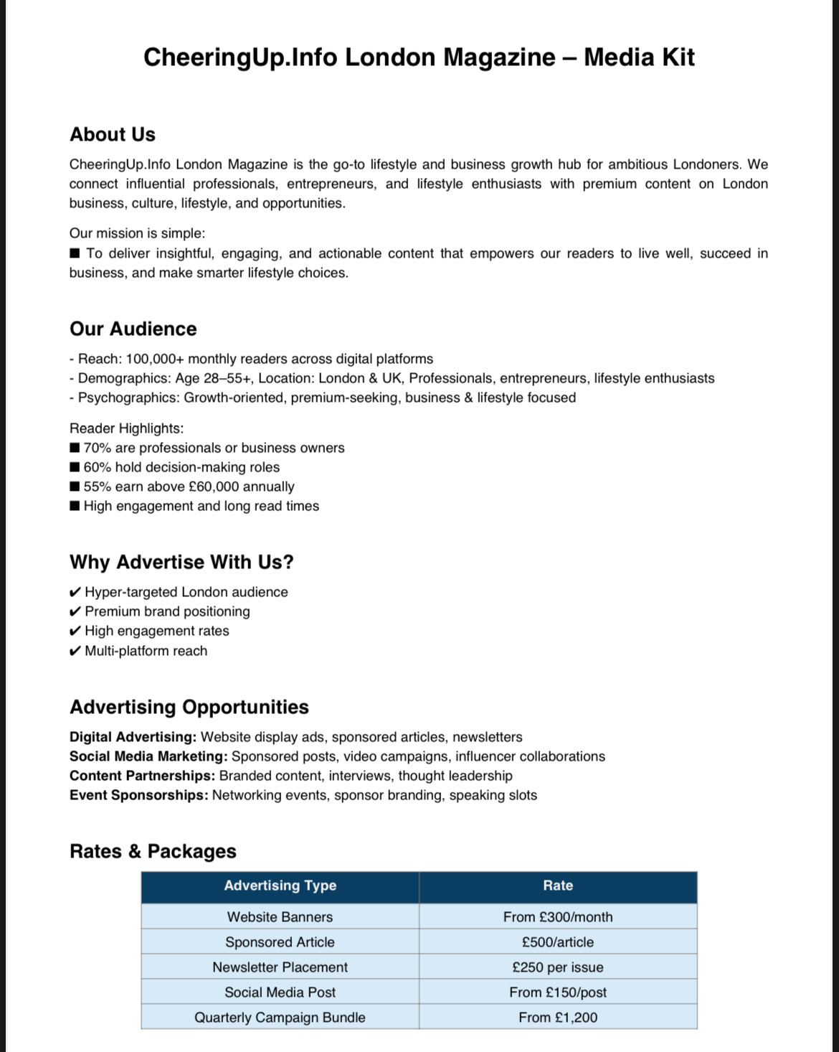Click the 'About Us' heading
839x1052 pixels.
click(113, 134)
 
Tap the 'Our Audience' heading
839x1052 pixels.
click(133, 329)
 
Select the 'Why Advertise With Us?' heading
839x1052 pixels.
click(181, 562)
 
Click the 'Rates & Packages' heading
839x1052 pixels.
click(153, 851)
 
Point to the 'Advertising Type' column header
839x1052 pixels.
click(280, 886)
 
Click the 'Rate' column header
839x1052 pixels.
click(558, 886)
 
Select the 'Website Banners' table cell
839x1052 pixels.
click(280, 917)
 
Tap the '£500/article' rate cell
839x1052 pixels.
click(558, 942)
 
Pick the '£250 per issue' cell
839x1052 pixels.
click(558, 967)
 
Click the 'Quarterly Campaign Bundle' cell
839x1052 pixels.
click(280, 1018)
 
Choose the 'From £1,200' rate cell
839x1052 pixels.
click(558, 1018)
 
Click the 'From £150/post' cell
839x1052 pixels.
click(558, 992)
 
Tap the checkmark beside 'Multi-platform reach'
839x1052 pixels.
click(75, 651)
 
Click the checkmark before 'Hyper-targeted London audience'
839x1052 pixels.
click(75, 592)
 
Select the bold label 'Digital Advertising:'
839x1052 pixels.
click(133, 737)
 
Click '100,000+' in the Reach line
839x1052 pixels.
click(150, 359)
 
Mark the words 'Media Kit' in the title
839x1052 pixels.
click(639, 57)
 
